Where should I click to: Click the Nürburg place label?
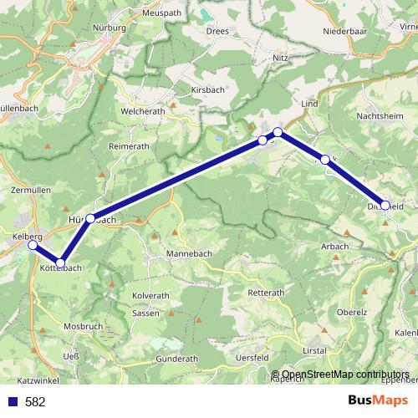pyautogui.click(x=110, y=28)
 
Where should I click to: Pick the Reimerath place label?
pyautogui.click(x=129, y=145)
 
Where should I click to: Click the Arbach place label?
pyautogui.click(x=335, y=246)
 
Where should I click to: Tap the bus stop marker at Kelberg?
pyautogui.click(x=33, y=246)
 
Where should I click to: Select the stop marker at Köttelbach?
pyautogui.click(x=60, y=263)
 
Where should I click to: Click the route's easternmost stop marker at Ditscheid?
pyautogui.click(x=385, y=204)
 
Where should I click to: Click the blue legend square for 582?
pyautogui.click(x=12, y=401)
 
